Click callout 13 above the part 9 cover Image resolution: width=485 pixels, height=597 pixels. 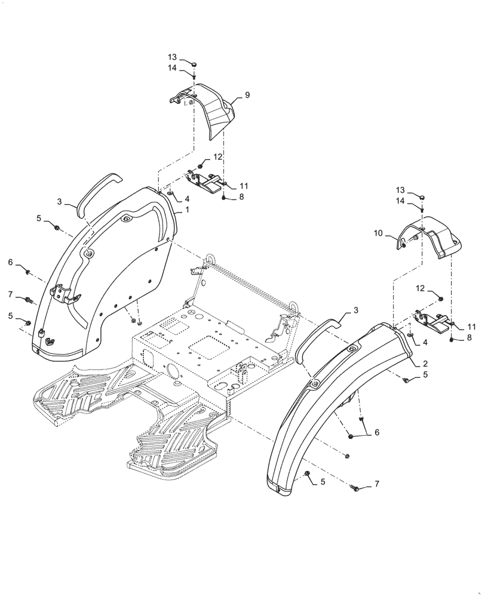pyautogui.click(x=172, y=57)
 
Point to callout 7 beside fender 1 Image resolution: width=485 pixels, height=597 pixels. pyautogui.click(x=10, y=295)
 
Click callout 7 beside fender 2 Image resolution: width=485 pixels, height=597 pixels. pyautogui.click(x=377, y=484)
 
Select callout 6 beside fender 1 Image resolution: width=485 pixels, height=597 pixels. pyautogui.click(x=10, y=262)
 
